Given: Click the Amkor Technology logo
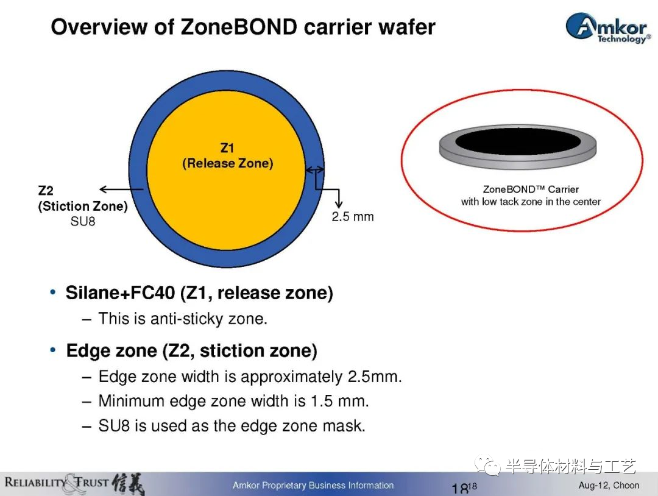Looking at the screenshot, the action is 609,28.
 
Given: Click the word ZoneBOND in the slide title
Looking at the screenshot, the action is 239,27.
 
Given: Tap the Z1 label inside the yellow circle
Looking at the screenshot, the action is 227,147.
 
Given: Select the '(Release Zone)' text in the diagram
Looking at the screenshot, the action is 227,163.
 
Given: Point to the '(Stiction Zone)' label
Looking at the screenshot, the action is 83,206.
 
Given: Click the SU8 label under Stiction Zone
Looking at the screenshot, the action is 83,221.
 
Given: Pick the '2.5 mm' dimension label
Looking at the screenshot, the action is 353,216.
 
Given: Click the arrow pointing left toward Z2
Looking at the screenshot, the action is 121,190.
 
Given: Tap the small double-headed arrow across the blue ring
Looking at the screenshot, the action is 315,169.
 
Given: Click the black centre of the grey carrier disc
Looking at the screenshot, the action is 518,141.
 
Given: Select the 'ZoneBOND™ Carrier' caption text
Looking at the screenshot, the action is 531,190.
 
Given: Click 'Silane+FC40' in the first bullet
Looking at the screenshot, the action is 120,292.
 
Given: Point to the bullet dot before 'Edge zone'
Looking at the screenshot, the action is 53,350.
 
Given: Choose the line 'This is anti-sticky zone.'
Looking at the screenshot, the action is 183,319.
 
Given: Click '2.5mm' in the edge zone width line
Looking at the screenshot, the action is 374,377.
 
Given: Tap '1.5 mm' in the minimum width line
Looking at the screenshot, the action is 339,401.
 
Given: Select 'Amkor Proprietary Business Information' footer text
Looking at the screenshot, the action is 313,485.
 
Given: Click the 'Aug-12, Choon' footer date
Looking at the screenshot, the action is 609,485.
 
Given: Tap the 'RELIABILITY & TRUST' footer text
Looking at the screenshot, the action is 56,482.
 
